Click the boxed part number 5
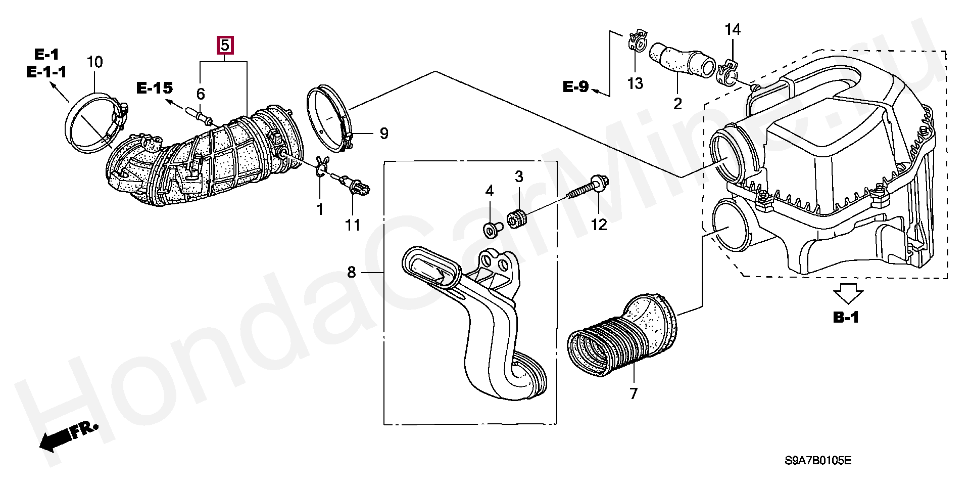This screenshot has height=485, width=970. (x=225, y=46)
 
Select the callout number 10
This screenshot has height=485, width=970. (x=94, y=62)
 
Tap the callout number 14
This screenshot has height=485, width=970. (x=733, y=30)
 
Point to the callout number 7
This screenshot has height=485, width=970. (x=634, y=393)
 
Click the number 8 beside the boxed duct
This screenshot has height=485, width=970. (x=352, y=273)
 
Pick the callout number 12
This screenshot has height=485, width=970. (x=599, y=224)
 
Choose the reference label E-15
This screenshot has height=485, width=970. (x=155, y=88)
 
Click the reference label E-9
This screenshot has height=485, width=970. (x=576, y=86)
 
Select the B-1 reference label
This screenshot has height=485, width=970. (x=846, y=317)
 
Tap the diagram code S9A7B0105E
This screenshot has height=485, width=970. (x=818, y=461)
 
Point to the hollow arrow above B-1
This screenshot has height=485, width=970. (x=848, y=293)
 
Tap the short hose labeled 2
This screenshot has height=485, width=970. (x=682, y=61)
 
